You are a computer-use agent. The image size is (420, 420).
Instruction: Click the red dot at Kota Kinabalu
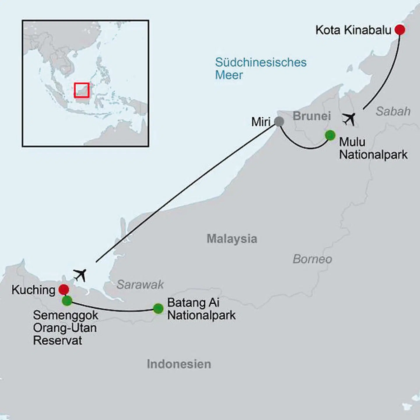[400, 29]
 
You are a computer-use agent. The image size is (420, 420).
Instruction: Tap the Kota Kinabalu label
[353, 30]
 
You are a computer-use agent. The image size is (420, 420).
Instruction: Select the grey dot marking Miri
[279, 121]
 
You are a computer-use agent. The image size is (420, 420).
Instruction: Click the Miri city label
[261, 122]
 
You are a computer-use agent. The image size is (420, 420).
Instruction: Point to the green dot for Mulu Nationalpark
[330, 135]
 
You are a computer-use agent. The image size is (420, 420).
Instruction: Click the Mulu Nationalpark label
[373, 148]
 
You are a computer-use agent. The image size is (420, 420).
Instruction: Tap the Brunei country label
[311, 116]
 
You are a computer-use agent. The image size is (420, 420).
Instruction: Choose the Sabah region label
[393, 111]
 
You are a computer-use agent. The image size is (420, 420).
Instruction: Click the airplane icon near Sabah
[349, 119]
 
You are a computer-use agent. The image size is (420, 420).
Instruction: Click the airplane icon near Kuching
[80, 275]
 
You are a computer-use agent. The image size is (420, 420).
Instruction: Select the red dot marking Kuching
[64, 289]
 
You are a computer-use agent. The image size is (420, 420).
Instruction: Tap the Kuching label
[33, 290]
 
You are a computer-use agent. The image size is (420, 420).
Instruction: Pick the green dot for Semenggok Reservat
[67, 301]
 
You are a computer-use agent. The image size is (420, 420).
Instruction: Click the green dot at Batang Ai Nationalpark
[158, 308]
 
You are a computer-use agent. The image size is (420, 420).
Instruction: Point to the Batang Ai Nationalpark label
[201, 309]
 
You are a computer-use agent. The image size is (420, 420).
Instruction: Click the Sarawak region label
[140, 284]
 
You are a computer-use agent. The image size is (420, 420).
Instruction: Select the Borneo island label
[312, 259]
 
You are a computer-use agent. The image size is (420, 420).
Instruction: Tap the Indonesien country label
[179, 364]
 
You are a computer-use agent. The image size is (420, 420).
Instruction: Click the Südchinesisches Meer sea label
[260, 69]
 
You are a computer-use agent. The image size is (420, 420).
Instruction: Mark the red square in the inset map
[81, 90]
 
